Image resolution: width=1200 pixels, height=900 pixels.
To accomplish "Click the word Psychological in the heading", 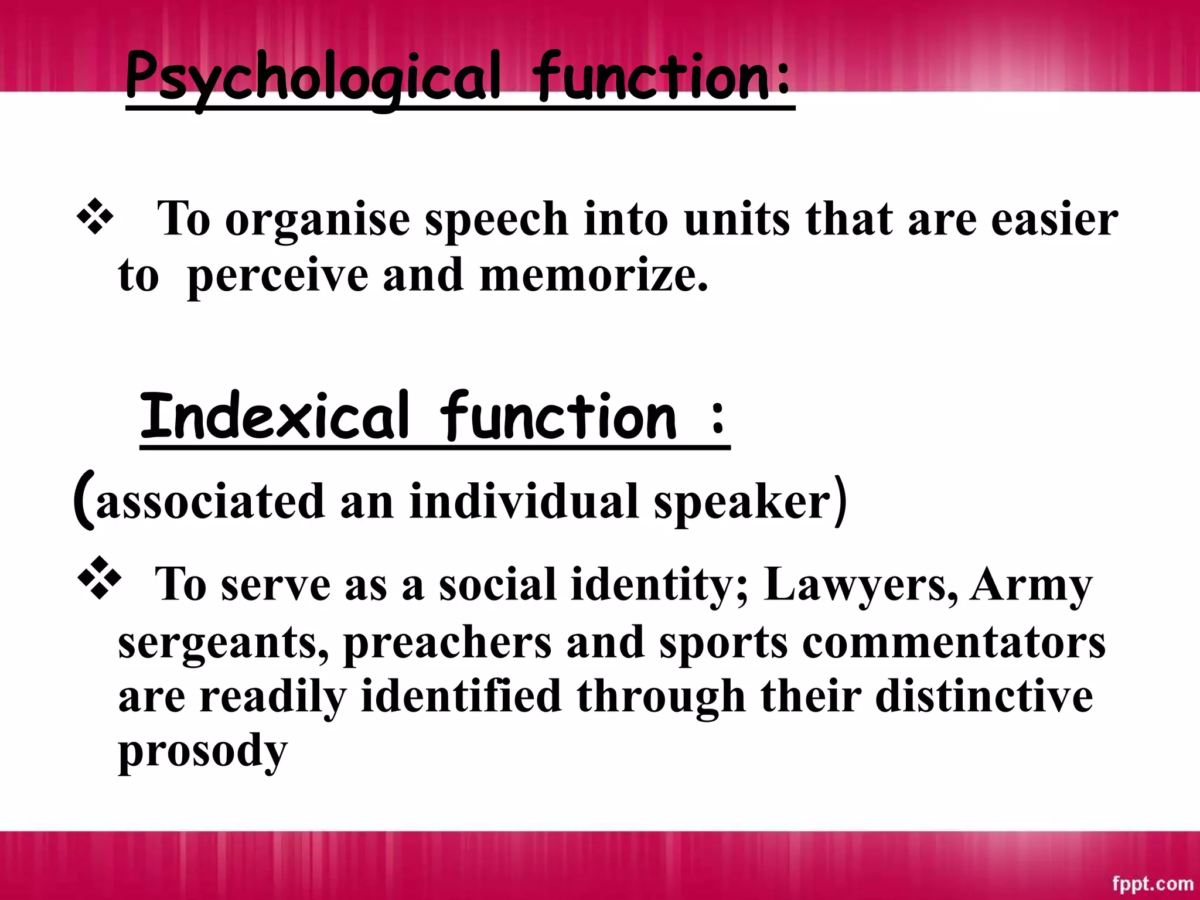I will [x=313, y=79].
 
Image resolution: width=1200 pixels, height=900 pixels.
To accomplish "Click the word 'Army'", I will [x=1031, y=585].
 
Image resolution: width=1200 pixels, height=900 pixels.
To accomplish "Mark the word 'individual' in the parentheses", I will [x=524, y=502].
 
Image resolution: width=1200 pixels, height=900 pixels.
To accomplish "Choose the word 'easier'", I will [x=1054, y=219].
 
